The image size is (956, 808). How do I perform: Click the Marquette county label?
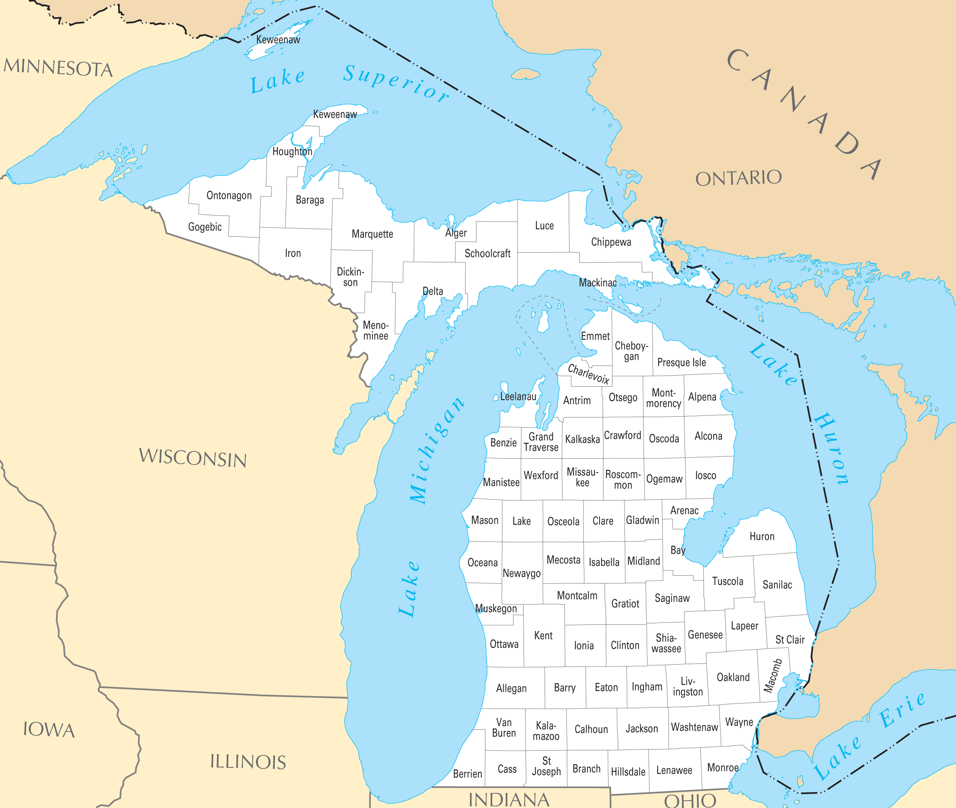(372, 234)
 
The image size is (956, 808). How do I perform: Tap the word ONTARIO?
(738, 178)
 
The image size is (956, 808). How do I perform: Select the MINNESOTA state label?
(58, 68)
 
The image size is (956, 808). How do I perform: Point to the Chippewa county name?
(611, 242)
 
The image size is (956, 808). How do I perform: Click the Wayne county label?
(739, 722)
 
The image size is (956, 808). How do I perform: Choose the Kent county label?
(543, 636)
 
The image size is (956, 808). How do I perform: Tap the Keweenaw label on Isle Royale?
(278, 40)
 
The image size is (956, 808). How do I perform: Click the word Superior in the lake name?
(396, 83)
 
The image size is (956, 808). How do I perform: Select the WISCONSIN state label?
(193, 458)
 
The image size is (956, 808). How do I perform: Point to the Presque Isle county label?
(681, 362)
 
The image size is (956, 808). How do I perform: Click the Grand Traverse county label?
(541, 442)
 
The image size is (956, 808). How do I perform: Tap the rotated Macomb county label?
(773, 675)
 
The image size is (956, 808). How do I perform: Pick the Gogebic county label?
(205, 227)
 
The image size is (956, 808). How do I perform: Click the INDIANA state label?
(509, 800)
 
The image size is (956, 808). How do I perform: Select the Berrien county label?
(467, 774)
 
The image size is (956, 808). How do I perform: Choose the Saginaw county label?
(672, 598)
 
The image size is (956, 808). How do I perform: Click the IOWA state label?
(49, 730)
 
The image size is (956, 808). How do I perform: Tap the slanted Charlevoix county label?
(588, 374)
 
